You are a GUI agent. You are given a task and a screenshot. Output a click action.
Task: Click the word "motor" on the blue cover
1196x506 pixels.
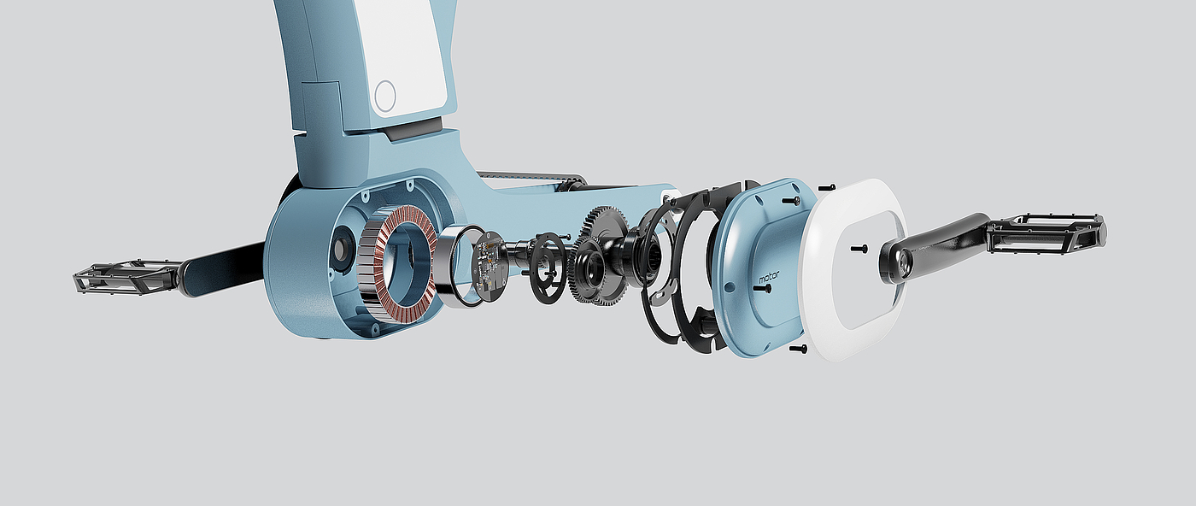click(x=769, y=277)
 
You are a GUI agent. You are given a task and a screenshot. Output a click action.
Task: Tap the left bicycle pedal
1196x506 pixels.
click(x=127, y=277)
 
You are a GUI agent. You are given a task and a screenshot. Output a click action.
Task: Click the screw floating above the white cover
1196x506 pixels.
click(x=826, y=187)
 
